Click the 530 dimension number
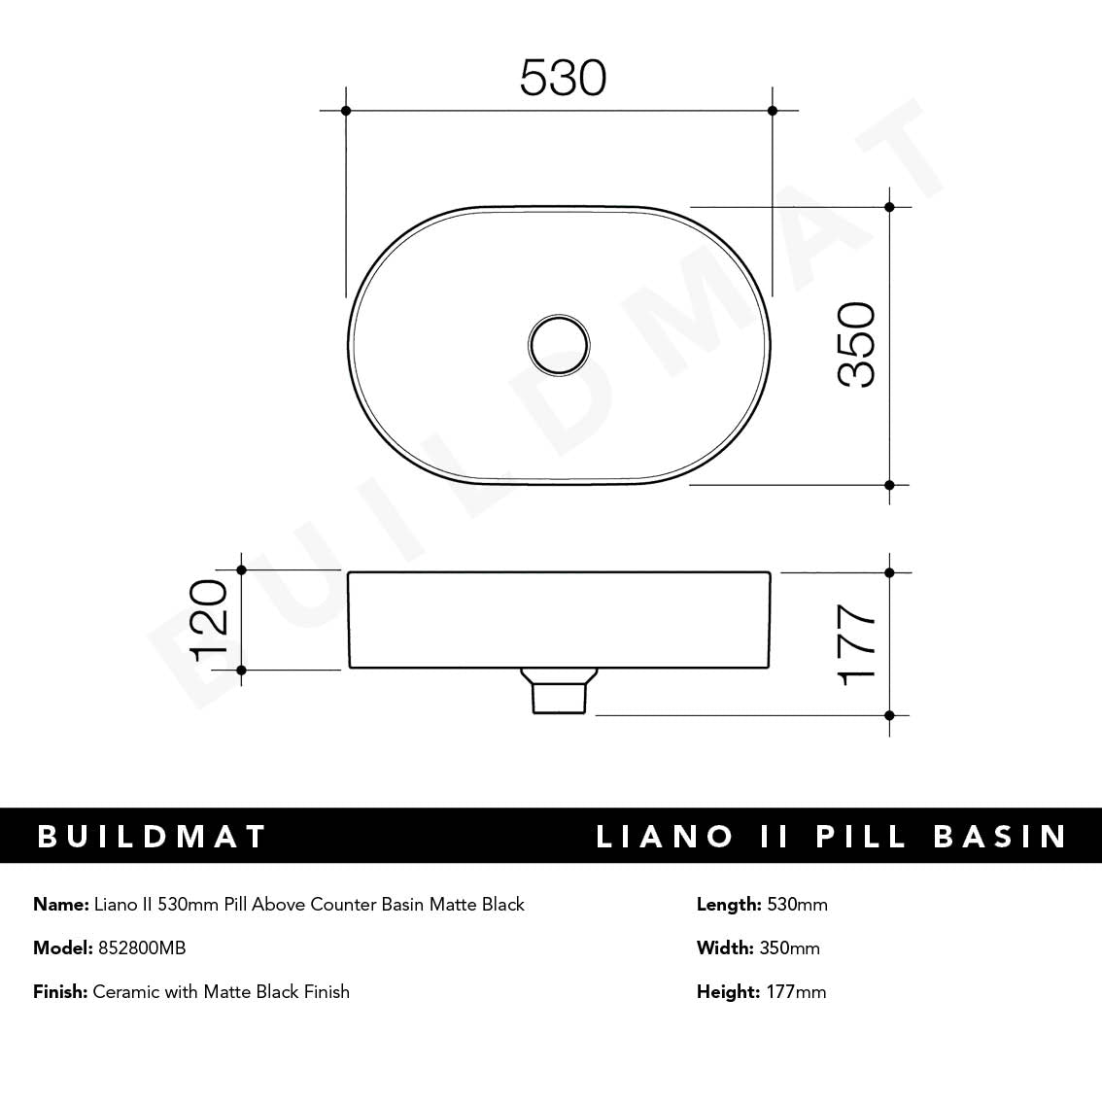point(563,78)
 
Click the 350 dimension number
point(857,345)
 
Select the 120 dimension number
point(209,620)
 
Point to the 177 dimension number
point(857,644)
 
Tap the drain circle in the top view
point(559,344)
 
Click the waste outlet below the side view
point(559,691)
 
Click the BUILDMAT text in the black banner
point(152,837)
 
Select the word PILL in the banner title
point(862,837)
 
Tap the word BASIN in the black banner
point(1001,837)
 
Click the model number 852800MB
point(142,948)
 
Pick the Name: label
point(60,905)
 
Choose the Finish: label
point(60,992)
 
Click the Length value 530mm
point(797,905)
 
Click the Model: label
point(63,948)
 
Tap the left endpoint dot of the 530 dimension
point(346,111)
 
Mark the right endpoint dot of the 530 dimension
point(773,111)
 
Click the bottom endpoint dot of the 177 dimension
point(889,715)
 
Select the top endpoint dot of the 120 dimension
point(242,570)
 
